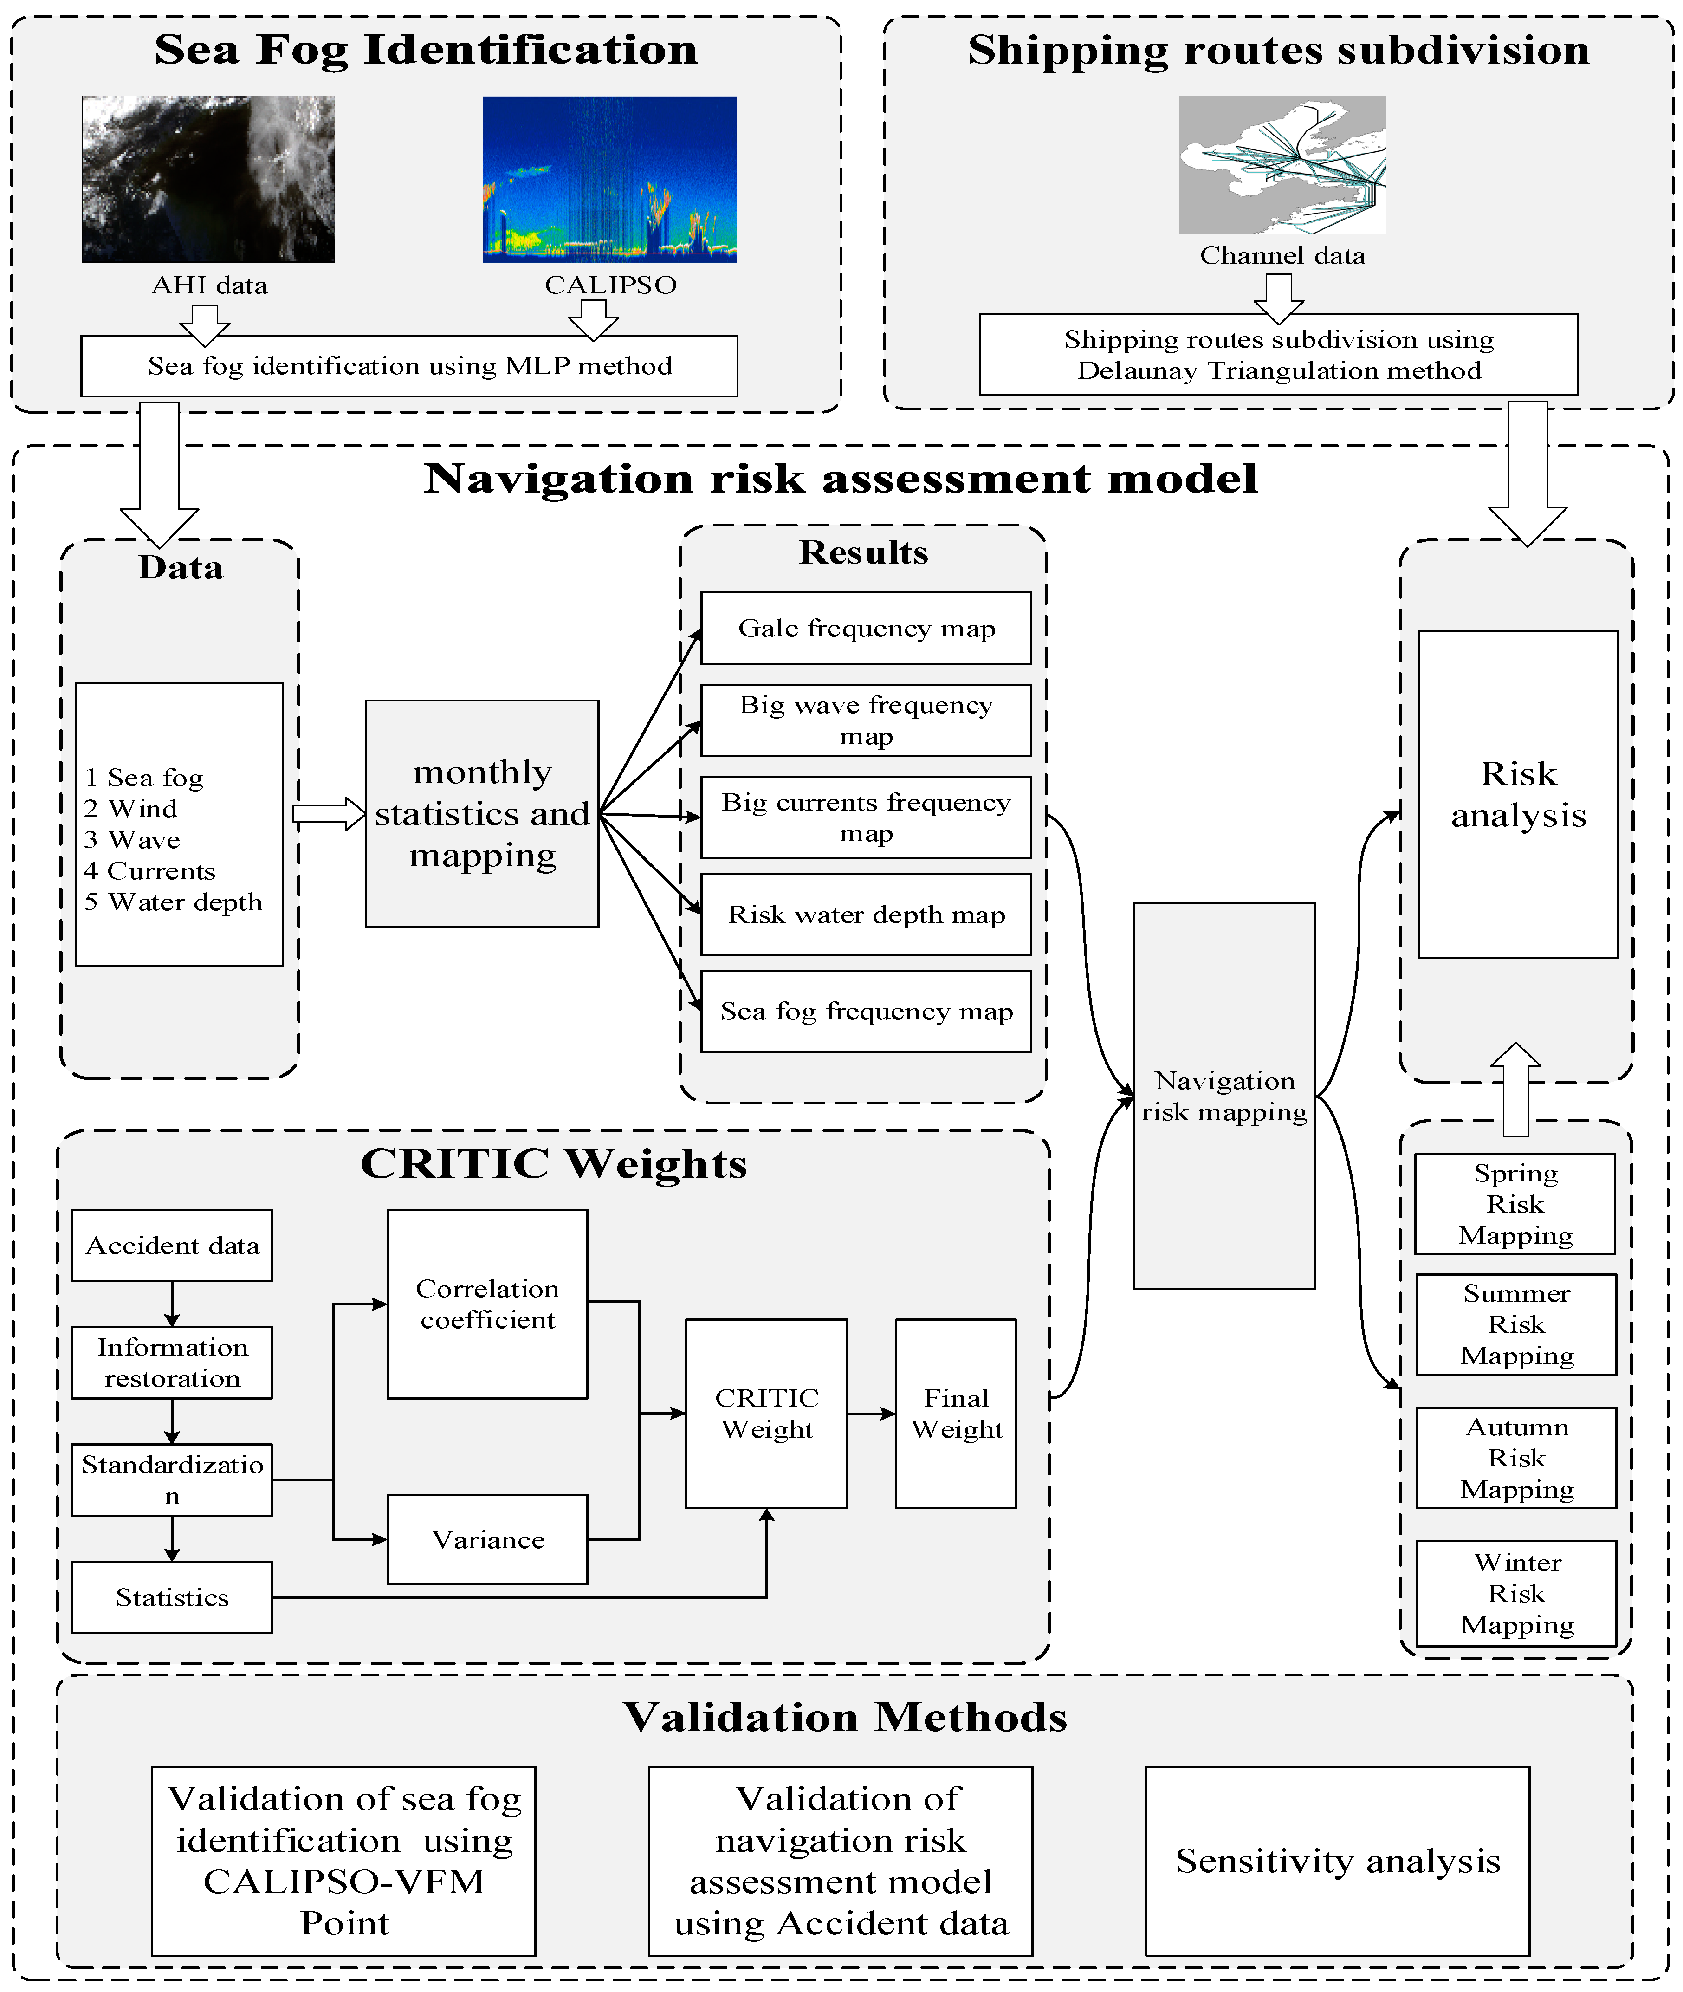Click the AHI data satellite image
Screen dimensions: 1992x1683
pyautogui.click(x=208, y=179)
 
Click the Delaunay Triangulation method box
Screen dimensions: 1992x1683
pyautogui.click(x=1278, y=355)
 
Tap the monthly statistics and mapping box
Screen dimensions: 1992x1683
pyautogui.click(x=482, y=814)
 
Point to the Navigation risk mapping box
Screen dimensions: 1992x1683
pyautogui.click(x=1224, y=1096)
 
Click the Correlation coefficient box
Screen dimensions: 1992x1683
pyautogui.click(x=486, y=1304)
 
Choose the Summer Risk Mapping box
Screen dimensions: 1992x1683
pyautogui.click(x=1516, y=1324)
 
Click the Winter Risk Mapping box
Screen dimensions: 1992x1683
pyautogui.click(x=1516, y=1593)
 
